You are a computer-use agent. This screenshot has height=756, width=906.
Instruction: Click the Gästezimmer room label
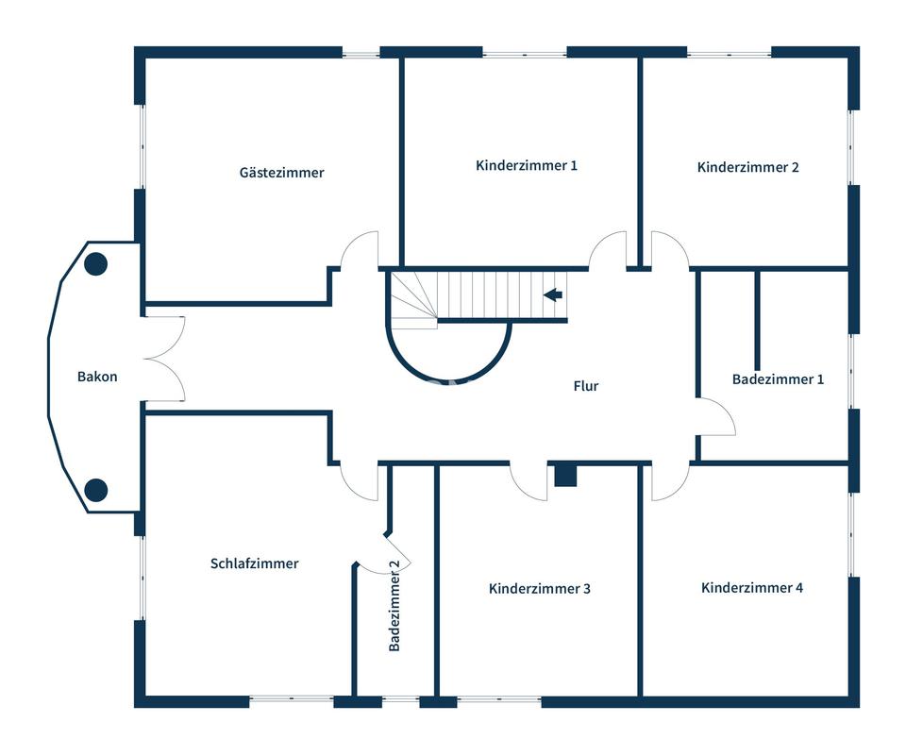(281, 173)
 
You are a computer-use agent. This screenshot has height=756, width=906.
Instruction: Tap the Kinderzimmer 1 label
(527, 165)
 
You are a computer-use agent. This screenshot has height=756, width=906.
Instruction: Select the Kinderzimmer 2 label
(748, 167)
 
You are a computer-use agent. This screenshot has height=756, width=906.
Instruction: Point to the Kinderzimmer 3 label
(540, 588)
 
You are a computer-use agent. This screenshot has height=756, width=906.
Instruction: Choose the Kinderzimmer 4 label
(752, 587)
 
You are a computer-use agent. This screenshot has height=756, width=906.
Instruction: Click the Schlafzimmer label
(254, 563)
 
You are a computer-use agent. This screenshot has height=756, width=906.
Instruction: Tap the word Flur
(586, 385)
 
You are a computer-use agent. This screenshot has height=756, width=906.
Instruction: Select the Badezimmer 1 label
(778, 379)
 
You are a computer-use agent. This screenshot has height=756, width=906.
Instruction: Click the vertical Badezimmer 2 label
(394, 606)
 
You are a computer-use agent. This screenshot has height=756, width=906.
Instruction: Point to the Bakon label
(97, 377)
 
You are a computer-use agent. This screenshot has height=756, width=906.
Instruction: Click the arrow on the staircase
(553, 295)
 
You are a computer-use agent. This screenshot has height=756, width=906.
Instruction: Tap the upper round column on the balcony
(95, 264)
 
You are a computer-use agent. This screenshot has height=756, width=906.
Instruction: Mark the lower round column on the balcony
(95, 490)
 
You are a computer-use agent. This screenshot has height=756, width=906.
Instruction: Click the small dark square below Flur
(565, 475)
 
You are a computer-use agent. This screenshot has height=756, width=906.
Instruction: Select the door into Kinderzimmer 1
(609, 249)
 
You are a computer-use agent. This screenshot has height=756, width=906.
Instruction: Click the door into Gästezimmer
(360, 250)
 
